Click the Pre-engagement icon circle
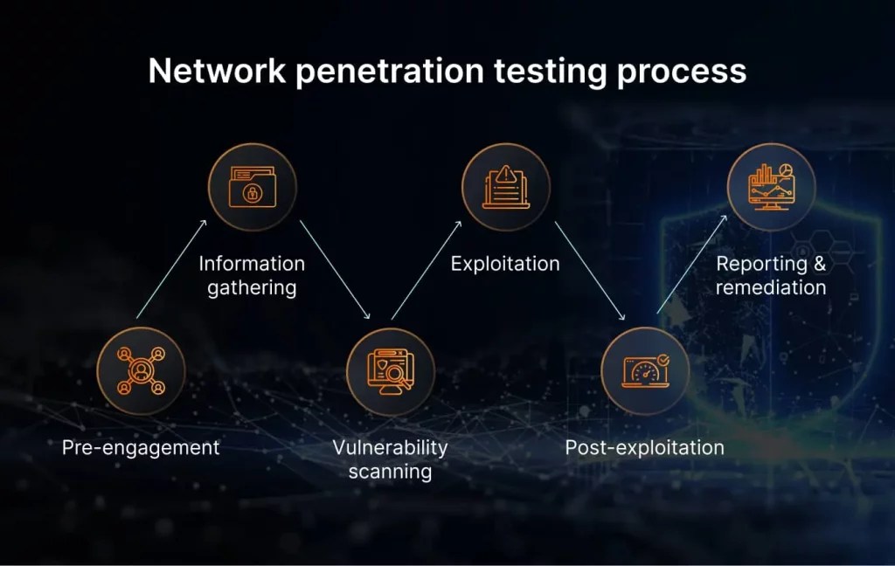[141, 370]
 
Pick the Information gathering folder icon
[252, 187]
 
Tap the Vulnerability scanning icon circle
[390, 370]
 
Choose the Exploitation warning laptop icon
[506, 187]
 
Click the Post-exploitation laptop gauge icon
[645, 370]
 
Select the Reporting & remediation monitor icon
[771, 187]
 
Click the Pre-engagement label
[141, 448]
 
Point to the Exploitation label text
[505, 263]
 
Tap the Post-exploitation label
[644, 448]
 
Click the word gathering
[252, 287]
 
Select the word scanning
[390, 473]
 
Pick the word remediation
[771, 287]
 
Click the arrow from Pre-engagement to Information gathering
[171, 268]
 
